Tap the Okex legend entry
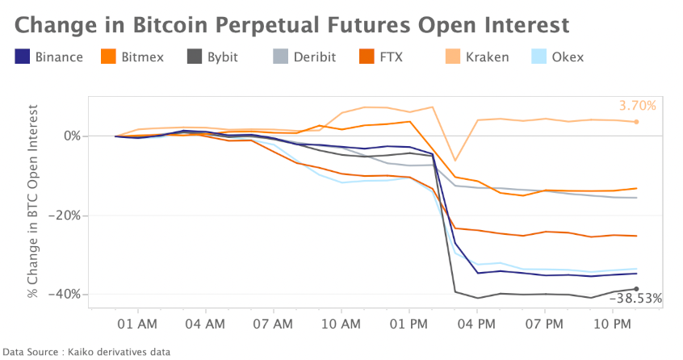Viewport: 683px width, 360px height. pyautogui.click(x=557, y=57)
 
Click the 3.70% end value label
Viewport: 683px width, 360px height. pyautogui.click(x=638, y=106)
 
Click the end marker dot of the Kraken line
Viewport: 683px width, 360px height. pyautogui.click(x=637, y=122)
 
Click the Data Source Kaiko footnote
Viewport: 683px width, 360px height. pyautogui.click(x=87, y=351)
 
